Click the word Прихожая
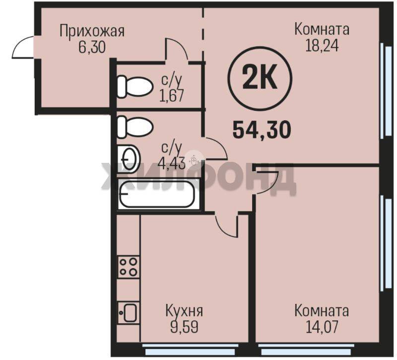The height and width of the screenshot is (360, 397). pyautogui.click(x=92, y=31)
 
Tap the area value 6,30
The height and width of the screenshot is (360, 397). pyautogui.click(x=92, y=47)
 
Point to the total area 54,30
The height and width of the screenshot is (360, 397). pyautogui.click(x=262, y=130)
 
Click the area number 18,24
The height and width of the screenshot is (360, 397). pyautogui.click(x=322, y=46)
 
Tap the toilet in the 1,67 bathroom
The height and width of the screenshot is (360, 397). pyautogui.click(x=135, y=86)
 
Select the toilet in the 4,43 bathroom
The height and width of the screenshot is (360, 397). pyautogui.click(x=135, y=127)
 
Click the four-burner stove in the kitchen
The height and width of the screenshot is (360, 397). pyautogui.click(x=129, y=267)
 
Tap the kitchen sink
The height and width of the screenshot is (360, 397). pyautogui.click(x=129, y=313)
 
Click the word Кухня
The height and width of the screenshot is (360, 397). pyautogui.click(x=184, y=311)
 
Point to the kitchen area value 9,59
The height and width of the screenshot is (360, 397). pyautogui.click(x=184, y=327)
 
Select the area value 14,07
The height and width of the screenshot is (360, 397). pyautogui.click(x=322, y=327)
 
